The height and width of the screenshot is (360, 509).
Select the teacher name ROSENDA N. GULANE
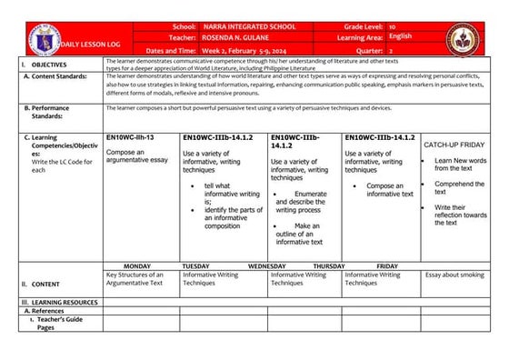(x=235, y=39)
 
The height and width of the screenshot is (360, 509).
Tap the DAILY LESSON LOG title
(x=85, y=45)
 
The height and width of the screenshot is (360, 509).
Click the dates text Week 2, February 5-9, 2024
(x=246, y=50)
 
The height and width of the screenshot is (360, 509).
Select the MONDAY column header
(x=136, y=265)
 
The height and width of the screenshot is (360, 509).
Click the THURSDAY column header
(x=328, y=265)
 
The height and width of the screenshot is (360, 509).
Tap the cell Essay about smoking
(x=455, y=275)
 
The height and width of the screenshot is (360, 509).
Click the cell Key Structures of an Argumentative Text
(x=136, y=278)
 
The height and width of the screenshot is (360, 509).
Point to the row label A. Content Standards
(x=56, y=76)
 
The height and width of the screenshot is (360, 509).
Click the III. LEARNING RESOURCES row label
(x=60, y=301)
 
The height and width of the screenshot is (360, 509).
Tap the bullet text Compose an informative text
(x=390, y=189)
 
